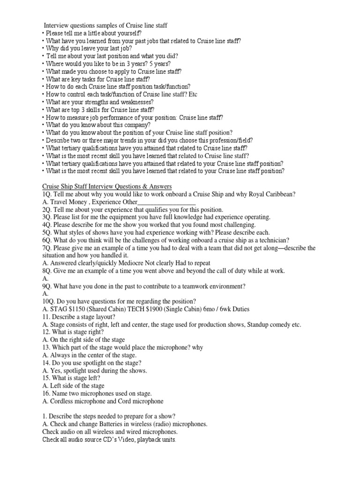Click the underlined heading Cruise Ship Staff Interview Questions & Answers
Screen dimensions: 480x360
tap(107, 186)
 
